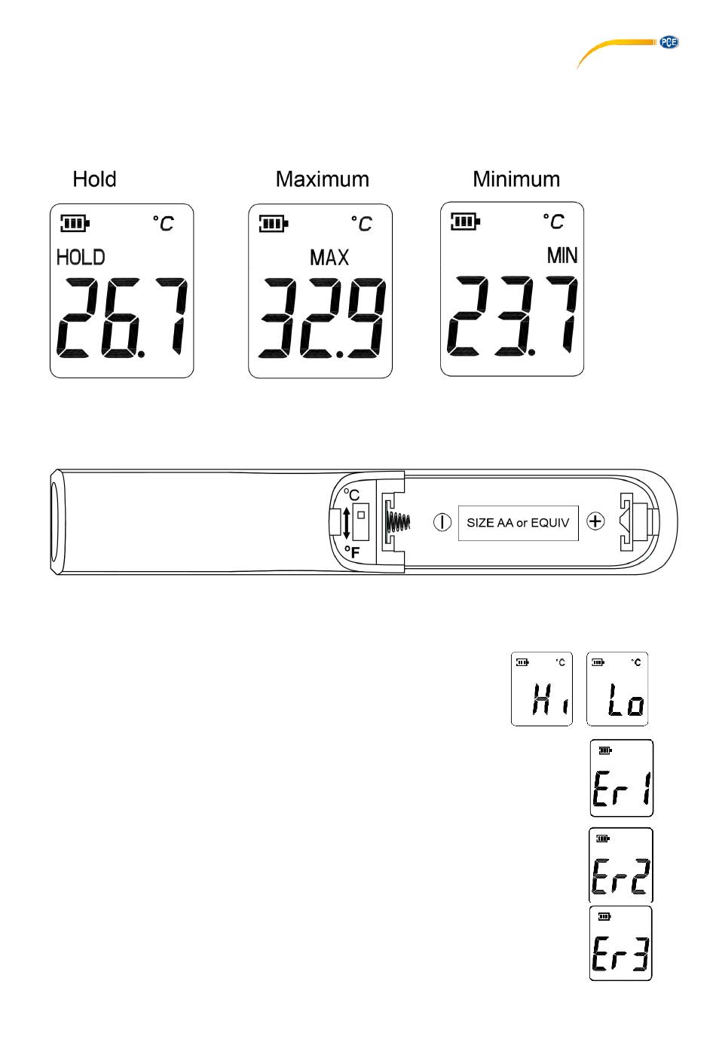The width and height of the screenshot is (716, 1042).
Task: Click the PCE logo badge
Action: click(669, 43)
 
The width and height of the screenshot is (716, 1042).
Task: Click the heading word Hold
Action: click(94, 179)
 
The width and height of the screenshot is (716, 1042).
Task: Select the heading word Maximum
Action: click(322, 179)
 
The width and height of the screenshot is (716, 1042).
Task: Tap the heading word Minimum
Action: click(516, 179)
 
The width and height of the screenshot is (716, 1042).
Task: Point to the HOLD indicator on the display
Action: click(81, 258)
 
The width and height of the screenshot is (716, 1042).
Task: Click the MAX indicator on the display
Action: click(329, 258)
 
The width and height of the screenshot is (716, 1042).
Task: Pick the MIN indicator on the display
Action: click(562, 256)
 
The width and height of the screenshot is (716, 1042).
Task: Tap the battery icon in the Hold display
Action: click(75, 223)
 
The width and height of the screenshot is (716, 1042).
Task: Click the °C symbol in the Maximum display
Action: click(362, 224)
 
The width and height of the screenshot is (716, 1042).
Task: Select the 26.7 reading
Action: click(122, 318)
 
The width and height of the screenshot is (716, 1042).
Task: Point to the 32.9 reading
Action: click(322, 318)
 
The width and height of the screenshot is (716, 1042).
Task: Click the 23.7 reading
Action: click(513, 316)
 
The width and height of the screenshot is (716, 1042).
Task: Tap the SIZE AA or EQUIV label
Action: click(518, 522)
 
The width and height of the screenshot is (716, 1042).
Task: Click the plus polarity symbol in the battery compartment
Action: click(595, 521)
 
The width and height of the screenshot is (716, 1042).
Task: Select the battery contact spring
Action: click(399, 521)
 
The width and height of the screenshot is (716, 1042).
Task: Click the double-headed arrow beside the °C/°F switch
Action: click(347, 522)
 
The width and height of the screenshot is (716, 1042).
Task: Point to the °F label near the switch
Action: click(352, 552)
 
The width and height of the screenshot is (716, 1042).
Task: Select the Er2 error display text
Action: click(620, 875)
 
